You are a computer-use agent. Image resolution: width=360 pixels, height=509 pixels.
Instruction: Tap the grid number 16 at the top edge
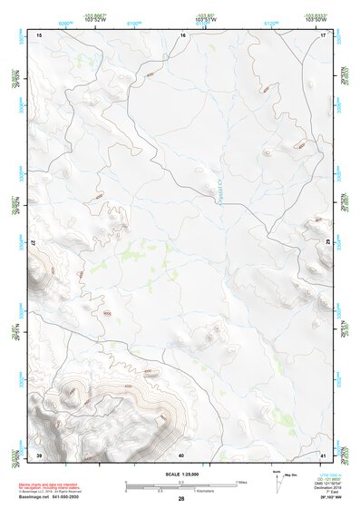(x=182, y=34)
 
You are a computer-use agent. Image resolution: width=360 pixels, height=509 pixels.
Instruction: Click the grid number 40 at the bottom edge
(x=181, y=455)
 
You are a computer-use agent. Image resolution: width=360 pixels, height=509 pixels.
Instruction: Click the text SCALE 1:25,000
(x=181, y=474)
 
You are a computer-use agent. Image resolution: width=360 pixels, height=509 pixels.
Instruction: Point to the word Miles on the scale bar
(x=242, y=481)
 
